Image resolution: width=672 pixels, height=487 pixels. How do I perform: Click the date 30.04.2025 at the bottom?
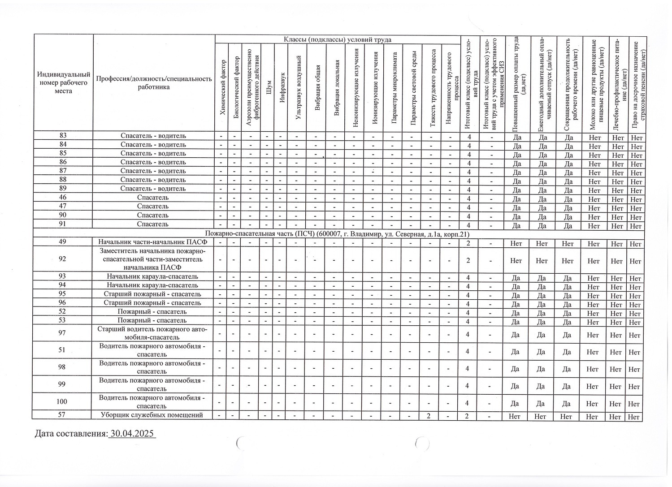pyautogui.click(x=132, y=434)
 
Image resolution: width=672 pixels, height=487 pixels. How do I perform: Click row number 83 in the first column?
pyautogui.click(x=63, y=136)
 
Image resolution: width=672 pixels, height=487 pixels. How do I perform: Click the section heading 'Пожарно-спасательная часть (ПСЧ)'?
pyautogui.click(x=337, y=234)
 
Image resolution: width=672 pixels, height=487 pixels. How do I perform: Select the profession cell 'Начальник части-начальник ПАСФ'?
pyautogui.click(x=152, y=242)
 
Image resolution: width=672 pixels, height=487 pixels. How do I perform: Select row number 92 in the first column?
pyautogui.click(x=62, y=259)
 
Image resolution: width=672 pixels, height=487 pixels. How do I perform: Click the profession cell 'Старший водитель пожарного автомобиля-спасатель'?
pyautogui.click(x=152, y=333)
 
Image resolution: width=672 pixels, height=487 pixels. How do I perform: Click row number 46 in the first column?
pyautogui.click(x=63, y=198)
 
